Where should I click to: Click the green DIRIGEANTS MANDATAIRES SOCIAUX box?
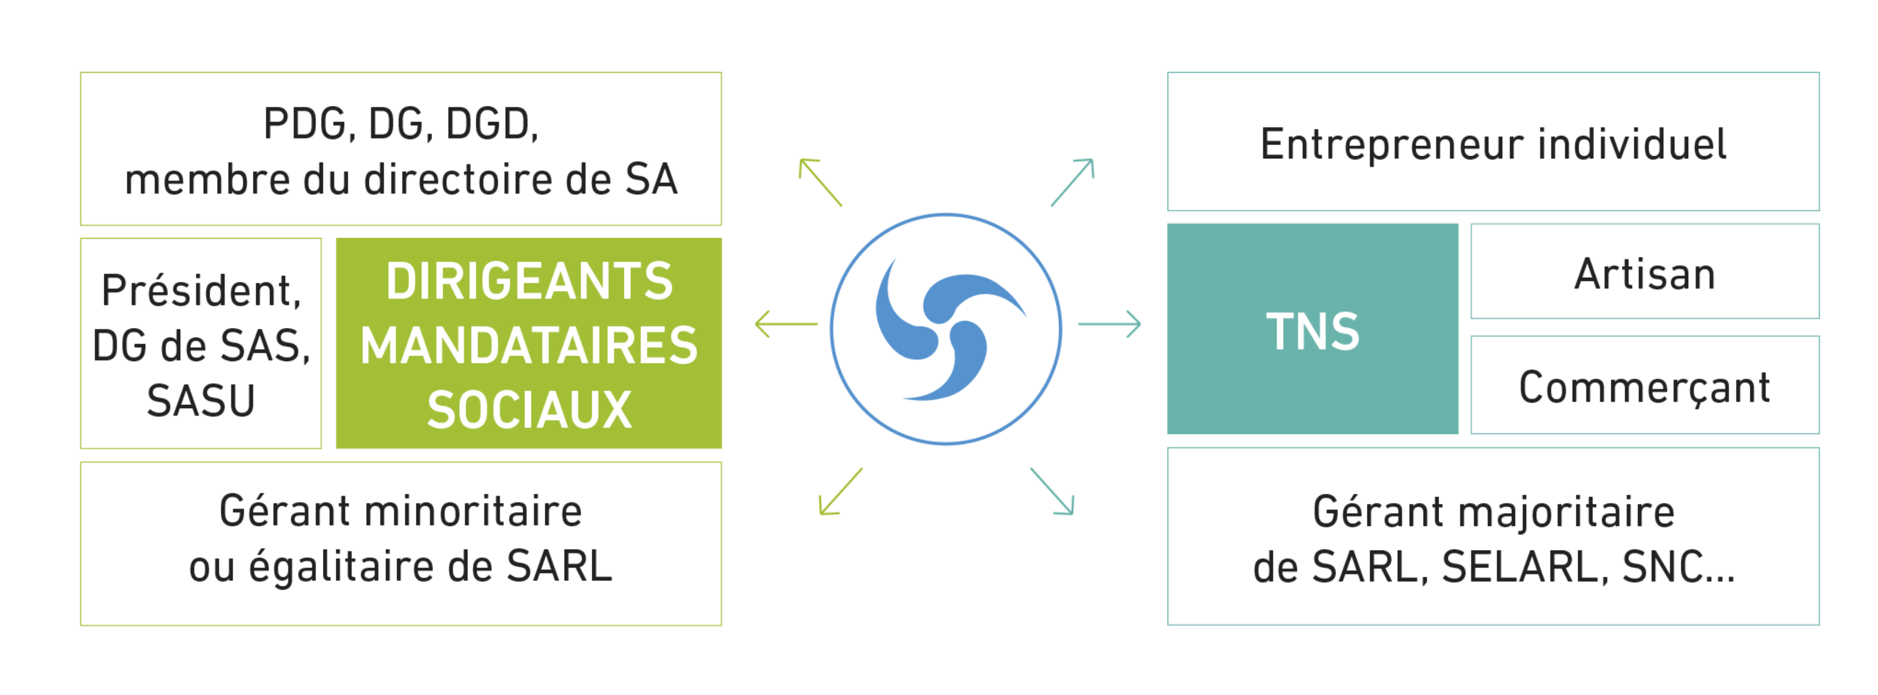pos(529,343)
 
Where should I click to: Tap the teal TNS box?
pos(1312,330)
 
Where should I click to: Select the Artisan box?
pos(1644,272)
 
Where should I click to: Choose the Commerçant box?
pos(1644,386)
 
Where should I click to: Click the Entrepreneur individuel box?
pos(1493,142)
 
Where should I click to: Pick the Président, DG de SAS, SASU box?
pos(200,343)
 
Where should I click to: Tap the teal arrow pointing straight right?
pos(1110,324)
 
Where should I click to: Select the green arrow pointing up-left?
pos(820,181)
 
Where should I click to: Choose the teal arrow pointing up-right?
pos(1072,181)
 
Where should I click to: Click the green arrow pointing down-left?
pos(840,492)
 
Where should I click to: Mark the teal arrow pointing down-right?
pos(1052,492)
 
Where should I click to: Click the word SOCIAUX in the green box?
pos(529,410)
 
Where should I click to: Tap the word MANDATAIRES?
pos(529,346)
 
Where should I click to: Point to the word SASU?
pos(200,400)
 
